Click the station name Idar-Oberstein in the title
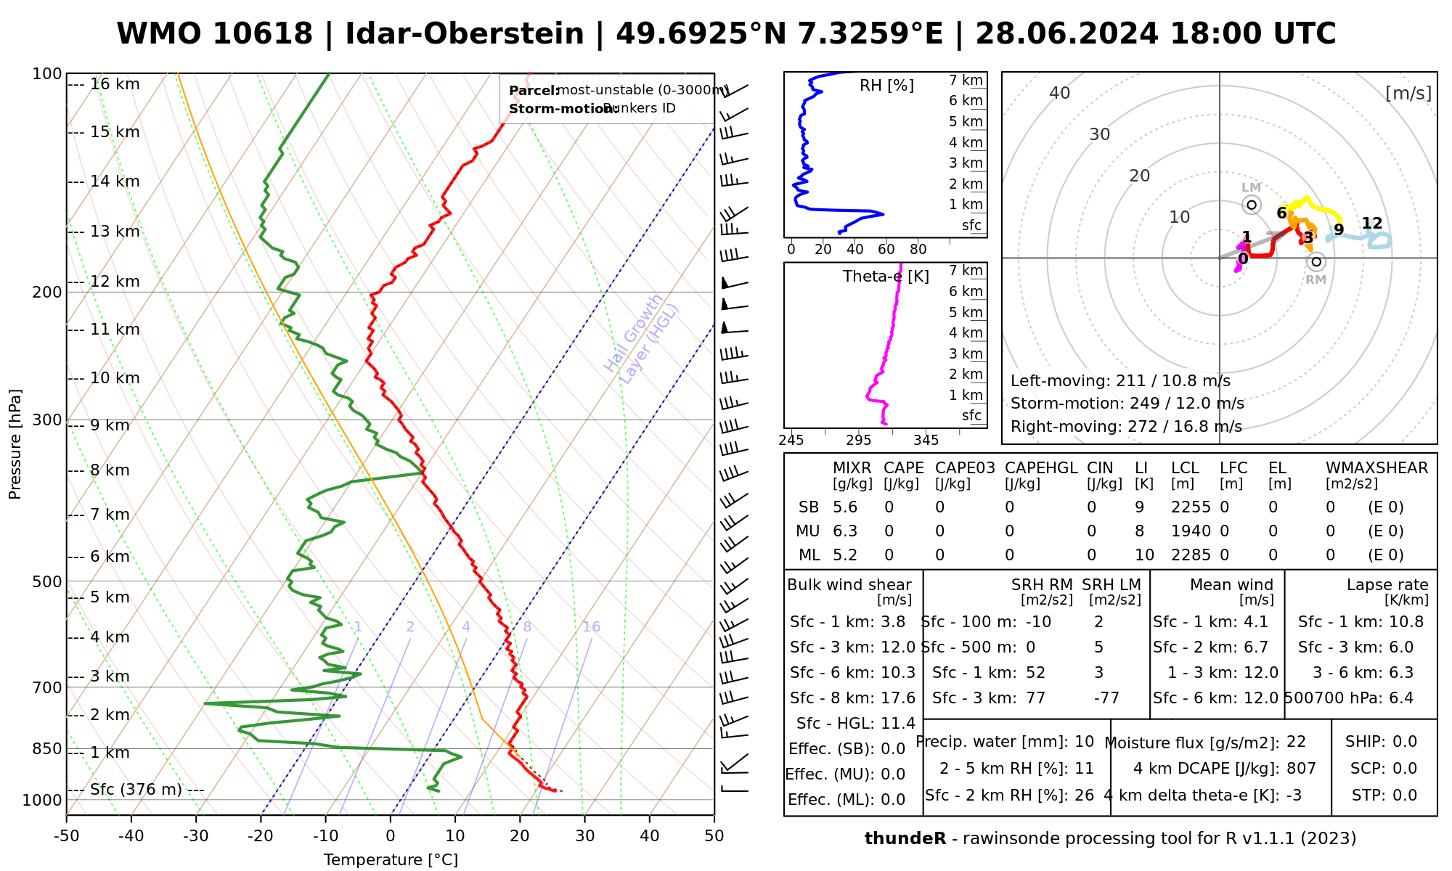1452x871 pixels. (x=464, y=34)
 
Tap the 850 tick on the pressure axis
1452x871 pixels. (x=48, y=748)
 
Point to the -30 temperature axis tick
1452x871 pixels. (x=196, y=836)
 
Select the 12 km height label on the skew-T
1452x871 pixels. (x=115, y=282)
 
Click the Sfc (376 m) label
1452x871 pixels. (x=136, y=790)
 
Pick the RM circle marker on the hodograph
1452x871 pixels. (x=1316, y=262)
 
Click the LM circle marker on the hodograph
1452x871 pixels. (x=1252, y=205)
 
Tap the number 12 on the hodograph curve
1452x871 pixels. (x=1372, y=224)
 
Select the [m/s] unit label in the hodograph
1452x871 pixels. (x=1408, y=94)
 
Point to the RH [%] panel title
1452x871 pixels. (x=886, y=86)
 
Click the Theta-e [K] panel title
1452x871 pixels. (x=886, y=277)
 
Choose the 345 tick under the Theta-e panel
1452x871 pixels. (x=926, y=441)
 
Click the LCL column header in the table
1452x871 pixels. (x=1185, y=468)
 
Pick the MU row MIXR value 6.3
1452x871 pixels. (x=845, y=531)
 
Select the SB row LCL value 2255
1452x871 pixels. (x=1191, y=507)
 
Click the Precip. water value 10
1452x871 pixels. (x=1084, y=742)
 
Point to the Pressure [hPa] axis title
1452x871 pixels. (x=15, y=444)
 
